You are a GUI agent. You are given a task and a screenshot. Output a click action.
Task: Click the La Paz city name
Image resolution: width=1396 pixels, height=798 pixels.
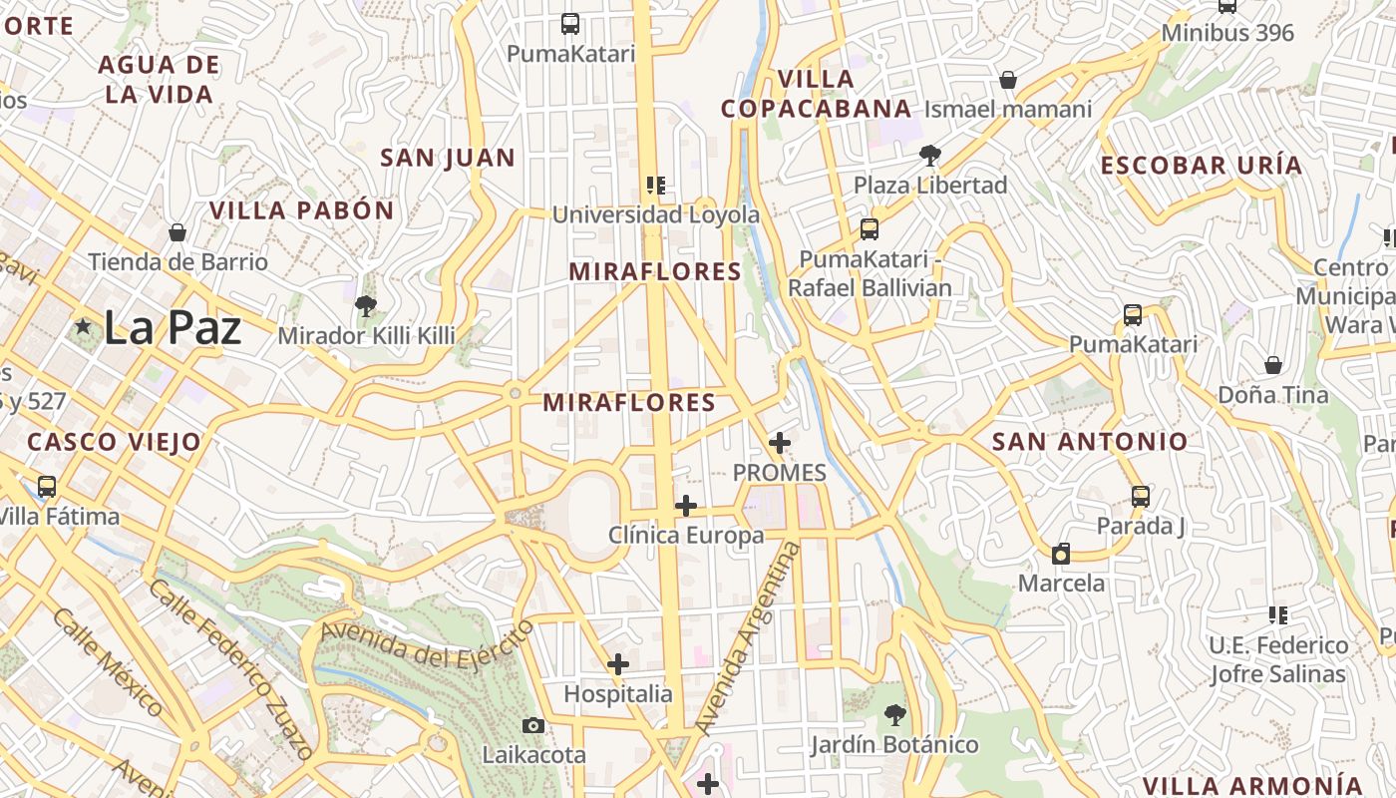(x=172, y=328)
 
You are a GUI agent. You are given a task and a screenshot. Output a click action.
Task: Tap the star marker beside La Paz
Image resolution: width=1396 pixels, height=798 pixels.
(x=83, y=327)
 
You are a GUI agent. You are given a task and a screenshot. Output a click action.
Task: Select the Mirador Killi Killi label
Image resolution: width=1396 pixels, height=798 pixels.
(x=366, y=335)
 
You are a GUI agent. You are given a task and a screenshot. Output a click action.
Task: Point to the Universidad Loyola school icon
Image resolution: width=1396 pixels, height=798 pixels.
(x=655, y=186)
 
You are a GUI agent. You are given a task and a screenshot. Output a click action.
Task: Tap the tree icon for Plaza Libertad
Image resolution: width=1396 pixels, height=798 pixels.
(x=929, y=156)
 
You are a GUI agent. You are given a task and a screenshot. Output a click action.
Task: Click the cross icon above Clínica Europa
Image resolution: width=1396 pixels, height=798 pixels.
(x=686, y=506)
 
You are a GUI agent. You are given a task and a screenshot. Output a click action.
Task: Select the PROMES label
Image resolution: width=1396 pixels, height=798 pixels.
(x=779, y=472)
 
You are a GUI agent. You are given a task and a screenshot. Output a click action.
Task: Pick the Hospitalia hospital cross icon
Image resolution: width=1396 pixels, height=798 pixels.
(x=618, y=664)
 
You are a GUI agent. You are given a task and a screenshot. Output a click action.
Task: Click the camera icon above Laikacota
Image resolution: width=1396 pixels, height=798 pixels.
(x=533, y=725)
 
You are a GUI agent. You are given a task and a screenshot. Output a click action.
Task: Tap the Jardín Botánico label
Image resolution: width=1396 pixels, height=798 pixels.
(x=893, y=744)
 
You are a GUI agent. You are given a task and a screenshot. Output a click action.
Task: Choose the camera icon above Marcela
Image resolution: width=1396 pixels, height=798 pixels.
(x=1061, y=554)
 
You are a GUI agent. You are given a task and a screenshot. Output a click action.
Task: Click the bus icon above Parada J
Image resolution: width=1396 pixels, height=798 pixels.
(x=1141, y=496)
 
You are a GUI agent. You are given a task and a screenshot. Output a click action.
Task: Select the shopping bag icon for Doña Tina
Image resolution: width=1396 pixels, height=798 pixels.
(x=1272, y=365)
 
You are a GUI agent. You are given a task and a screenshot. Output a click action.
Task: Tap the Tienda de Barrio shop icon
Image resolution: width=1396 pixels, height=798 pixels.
(x=177, y=232)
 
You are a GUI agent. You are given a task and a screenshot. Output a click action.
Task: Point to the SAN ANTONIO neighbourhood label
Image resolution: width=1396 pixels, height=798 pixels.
(x=1090, y=441)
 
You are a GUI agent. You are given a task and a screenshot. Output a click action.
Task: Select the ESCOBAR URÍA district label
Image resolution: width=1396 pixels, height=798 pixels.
(x=1202, y=166)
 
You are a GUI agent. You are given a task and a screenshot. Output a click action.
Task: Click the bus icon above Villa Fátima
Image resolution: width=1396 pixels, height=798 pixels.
(x=47, y=487)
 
